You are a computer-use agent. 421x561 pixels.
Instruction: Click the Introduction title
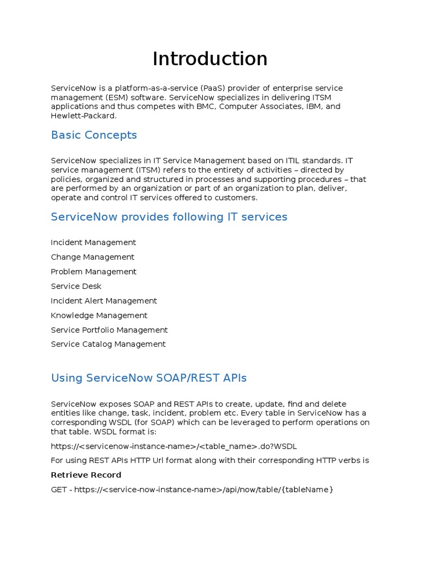[210, 59]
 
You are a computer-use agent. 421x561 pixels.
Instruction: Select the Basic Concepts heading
[94, 135]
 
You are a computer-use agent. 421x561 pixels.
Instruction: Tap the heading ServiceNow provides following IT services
[169, 217]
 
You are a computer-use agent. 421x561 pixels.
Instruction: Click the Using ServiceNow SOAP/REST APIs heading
[149, 378]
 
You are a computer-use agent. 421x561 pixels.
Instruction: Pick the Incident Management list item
[93, 242]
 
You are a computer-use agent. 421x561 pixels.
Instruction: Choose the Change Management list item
[92, 257]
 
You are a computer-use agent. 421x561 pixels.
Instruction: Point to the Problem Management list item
[93, 272]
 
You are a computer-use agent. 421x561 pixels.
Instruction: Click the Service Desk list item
[76, 286]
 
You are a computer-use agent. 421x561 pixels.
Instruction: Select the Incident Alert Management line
[104, 301]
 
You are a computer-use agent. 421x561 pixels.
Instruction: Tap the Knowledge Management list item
[99, 316]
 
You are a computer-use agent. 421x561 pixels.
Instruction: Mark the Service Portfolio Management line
[109, 330]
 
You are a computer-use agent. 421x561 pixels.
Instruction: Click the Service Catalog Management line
[108, 344]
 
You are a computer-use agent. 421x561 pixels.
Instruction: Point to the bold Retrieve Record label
[86, 475]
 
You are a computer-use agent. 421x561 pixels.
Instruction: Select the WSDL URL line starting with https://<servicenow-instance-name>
[174, 446]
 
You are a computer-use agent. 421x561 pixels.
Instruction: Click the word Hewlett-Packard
[83, 116]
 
